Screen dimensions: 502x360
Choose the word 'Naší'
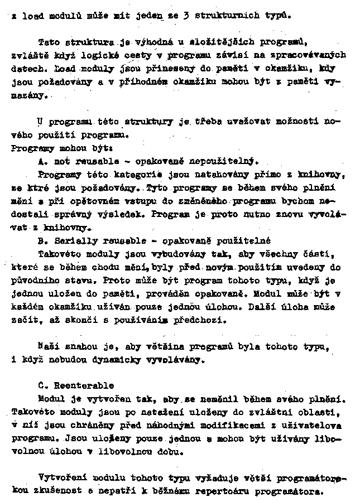click(49, 346)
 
